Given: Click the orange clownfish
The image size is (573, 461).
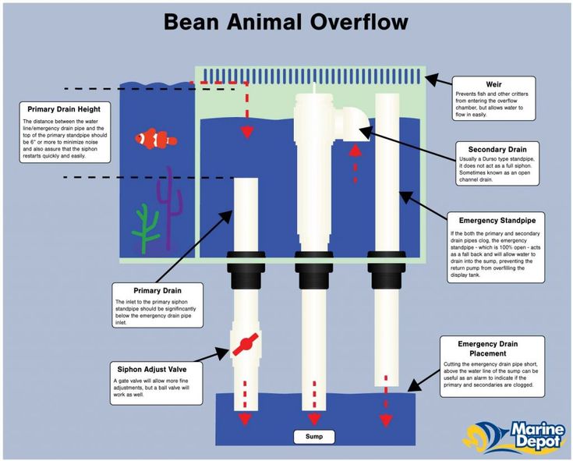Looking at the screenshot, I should [x=156, y=139].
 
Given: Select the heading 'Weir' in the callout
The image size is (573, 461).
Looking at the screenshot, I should [x=495, y=83].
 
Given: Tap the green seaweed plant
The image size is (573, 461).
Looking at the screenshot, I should [x=145, y=231].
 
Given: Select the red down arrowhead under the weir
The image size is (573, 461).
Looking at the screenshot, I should [x=247, y=131].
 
